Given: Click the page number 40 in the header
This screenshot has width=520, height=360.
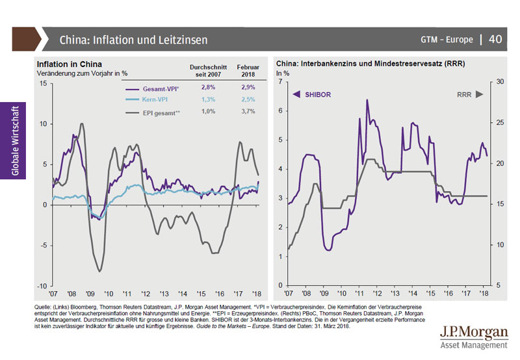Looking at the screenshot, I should [495, 40].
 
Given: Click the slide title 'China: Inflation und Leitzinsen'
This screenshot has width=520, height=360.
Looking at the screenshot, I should [133, 40].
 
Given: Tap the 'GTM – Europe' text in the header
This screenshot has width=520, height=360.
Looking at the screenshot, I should [447, 40].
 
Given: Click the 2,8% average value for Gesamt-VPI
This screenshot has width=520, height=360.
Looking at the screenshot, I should [207, 87].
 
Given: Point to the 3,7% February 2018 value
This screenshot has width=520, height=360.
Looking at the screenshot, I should [248, 112].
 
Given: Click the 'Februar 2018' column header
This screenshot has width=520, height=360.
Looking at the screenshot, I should [248, 70].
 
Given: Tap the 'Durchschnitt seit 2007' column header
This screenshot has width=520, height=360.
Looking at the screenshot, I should [207, 70].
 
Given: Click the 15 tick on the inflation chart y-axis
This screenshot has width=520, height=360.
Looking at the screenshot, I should [42, 83].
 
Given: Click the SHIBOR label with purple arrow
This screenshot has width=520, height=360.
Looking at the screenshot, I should [313, 95].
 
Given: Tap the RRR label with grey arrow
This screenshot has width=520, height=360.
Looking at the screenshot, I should [470, 95].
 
